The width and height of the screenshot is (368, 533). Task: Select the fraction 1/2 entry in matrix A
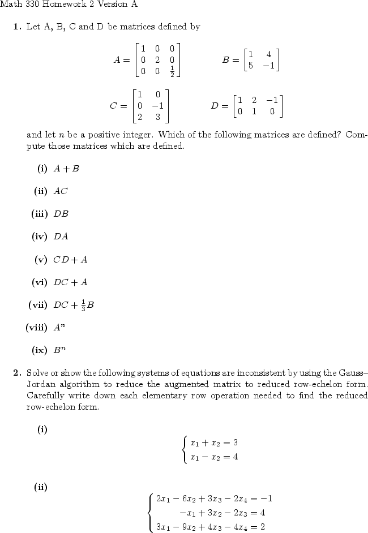pyautogui.click(x=172, y=71)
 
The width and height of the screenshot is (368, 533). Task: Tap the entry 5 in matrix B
pyautogui.click(x=250, y=65)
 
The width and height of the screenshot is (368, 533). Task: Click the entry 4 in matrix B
pyautogui.click(x=268, y=54)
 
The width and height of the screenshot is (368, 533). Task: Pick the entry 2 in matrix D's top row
pyautogui.click(x=254, y=101)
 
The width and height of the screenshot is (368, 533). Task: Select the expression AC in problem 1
pyautogui.click(x=60, y=191)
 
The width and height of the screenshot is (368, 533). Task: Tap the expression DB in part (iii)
pyautogui.click(x=61, y=214)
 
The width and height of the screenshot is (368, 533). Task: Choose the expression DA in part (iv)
pyautogui.click(x=61, y=237)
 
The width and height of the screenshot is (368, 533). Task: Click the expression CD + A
pyautogui.click(x=70, y=260)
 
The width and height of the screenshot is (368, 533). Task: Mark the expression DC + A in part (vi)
pyautogui.click(x=71, y=282)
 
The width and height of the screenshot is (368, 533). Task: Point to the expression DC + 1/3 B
pyautogui.click(x=74, y=305)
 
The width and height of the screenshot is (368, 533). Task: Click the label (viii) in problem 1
pyautogui.click(x=37, y=327)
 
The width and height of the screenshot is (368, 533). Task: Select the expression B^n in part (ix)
pyautogui.click(x=60, y=349)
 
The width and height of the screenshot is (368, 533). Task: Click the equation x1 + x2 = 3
pyautogui.click(x=214, y=442)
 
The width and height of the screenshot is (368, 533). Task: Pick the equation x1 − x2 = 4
pyautogui.click(x=214, y=456)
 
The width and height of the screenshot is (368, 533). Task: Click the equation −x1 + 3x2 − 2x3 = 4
pyautogui.click(x=222, y=513)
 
